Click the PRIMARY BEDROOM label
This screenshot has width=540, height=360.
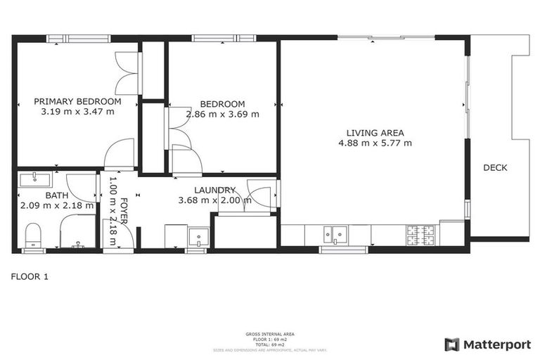click(77, 101)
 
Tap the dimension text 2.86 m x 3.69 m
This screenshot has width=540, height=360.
click(222, 114)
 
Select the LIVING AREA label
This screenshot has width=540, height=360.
click(375, 132)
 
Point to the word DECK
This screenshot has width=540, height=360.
click(495, 168)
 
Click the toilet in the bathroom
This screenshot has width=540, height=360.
click(33, 234)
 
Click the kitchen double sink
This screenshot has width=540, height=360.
click(333, 233)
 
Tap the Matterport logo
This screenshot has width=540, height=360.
click(487, 345)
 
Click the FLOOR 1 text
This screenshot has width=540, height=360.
click(30, 276)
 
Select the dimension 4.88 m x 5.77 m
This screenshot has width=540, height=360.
click(375, 143)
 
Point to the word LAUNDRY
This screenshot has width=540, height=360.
click(214, 190)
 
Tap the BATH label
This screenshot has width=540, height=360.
click(56, 195)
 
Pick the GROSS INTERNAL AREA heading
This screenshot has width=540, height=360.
click(269, 334)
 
